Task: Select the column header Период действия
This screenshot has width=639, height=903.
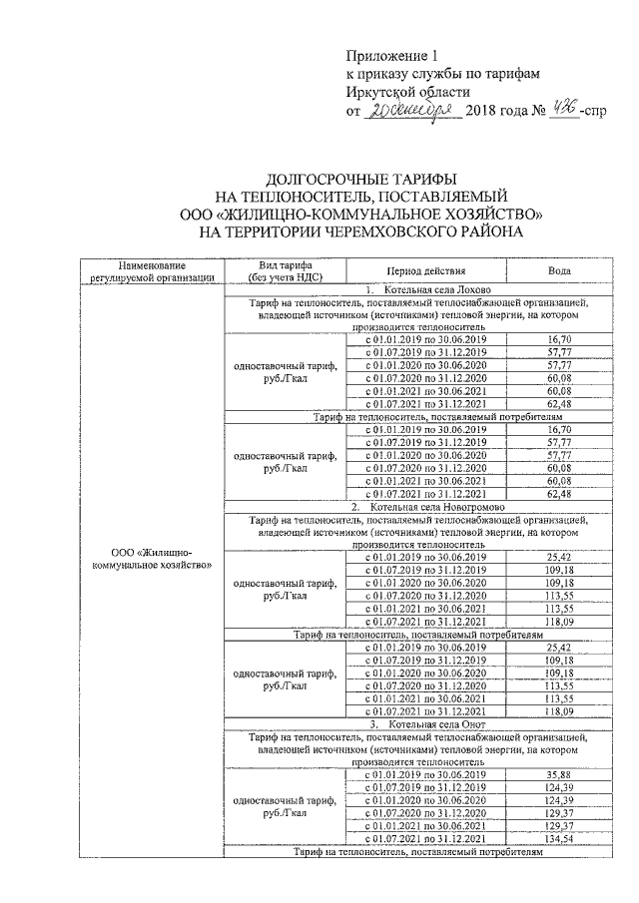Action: (426, 270)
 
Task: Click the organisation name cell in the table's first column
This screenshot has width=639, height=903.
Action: (152, 559)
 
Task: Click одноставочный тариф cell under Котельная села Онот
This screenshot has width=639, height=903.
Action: (286, 806)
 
